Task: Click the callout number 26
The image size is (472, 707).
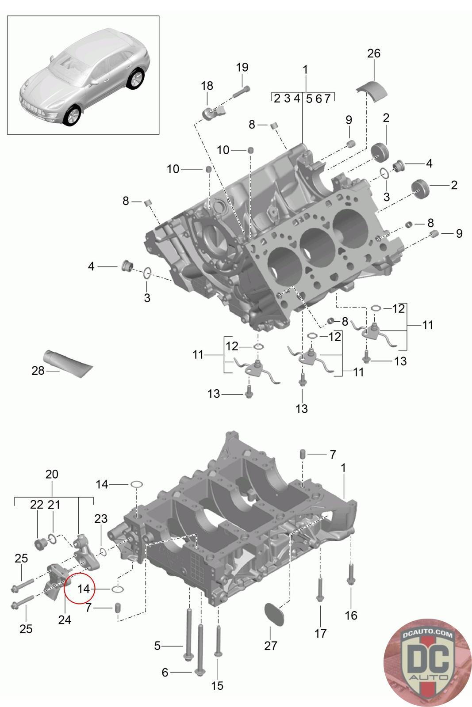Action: [373, 53]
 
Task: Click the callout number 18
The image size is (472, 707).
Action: [207, 86]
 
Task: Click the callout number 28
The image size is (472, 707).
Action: [38, 371]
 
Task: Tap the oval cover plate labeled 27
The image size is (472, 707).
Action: [274, 614]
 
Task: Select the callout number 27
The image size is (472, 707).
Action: [270, 646]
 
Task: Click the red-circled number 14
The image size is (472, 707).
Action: [84, 589]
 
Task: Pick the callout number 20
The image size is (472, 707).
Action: [52, 474]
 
